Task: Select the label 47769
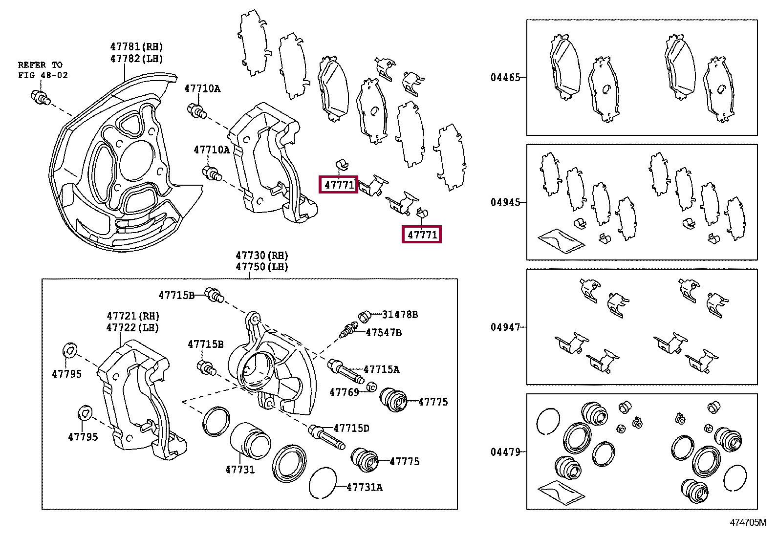(x=344, y=392)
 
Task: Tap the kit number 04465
(x=505, y=77)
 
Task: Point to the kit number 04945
(x=505, y=202)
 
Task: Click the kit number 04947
(x=505, y=327)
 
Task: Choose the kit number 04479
(x=505, y=452)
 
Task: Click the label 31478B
(x=400, y=315)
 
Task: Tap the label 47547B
(x=384, y=333)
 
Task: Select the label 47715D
(x=351, y=429)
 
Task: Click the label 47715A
(x=381, y=369)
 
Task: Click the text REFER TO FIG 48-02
(x=43, y=70)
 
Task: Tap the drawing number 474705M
(x=748, y=522)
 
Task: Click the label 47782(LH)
(x=136, y=59)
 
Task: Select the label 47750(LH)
(x=262, y=267)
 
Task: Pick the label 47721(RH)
(x=133, y=316)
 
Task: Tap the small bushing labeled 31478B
(x=365, y=316)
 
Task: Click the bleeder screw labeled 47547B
(x=348, y=330)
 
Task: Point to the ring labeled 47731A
(x=323, y=482)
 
